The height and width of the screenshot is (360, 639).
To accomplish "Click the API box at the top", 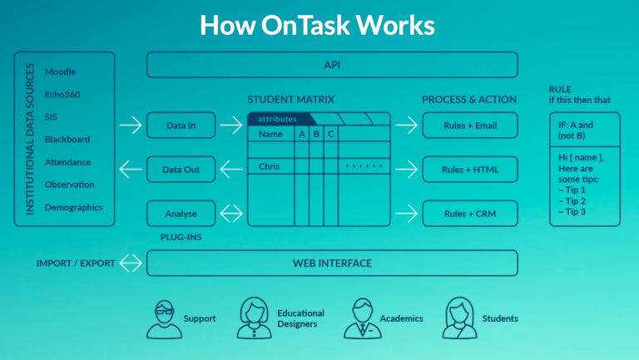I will [x=332, y=65].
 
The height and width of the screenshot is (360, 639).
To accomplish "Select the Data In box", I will [x=181, y=125].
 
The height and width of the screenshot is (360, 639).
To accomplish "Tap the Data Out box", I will [x=181, y=170].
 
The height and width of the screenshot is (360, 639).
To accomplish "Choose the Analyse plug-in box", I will [x=181, y=214].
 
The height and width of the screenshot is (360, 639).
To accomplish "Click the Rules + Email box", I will [x=469, y=125].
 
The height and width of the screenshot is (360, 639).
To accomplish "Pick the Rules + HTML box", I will [x=469, y=170].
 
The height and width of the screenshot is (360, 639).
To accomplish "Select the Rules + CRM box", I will [x=469, y=214].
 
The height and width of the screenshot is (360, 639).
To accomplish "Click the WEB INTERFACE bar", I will [x=332, y=264].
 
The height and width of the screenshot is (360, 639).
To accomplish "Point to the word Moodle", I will [x=61, y=72].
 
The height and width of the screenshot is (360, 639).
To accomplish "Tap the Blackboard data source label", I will [x=67, y=140].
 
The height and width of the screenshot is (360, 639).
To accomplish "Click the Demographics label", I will [x=74, y=207].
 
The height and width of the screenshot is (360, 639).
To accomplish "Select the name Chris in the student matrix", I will [x=269, y=166].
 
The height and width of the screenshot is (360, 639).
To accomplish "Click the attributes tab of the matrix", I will [x=277, y=119].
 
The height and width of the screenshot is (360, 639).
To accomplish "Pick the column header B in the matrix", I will [x=315, y=134].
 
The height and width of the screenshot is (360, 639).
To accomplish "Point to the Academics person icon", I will [x=363, y=317].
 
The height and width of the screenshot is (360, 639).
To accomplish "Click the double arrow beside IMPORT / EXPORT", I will [x=131, y=264].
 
